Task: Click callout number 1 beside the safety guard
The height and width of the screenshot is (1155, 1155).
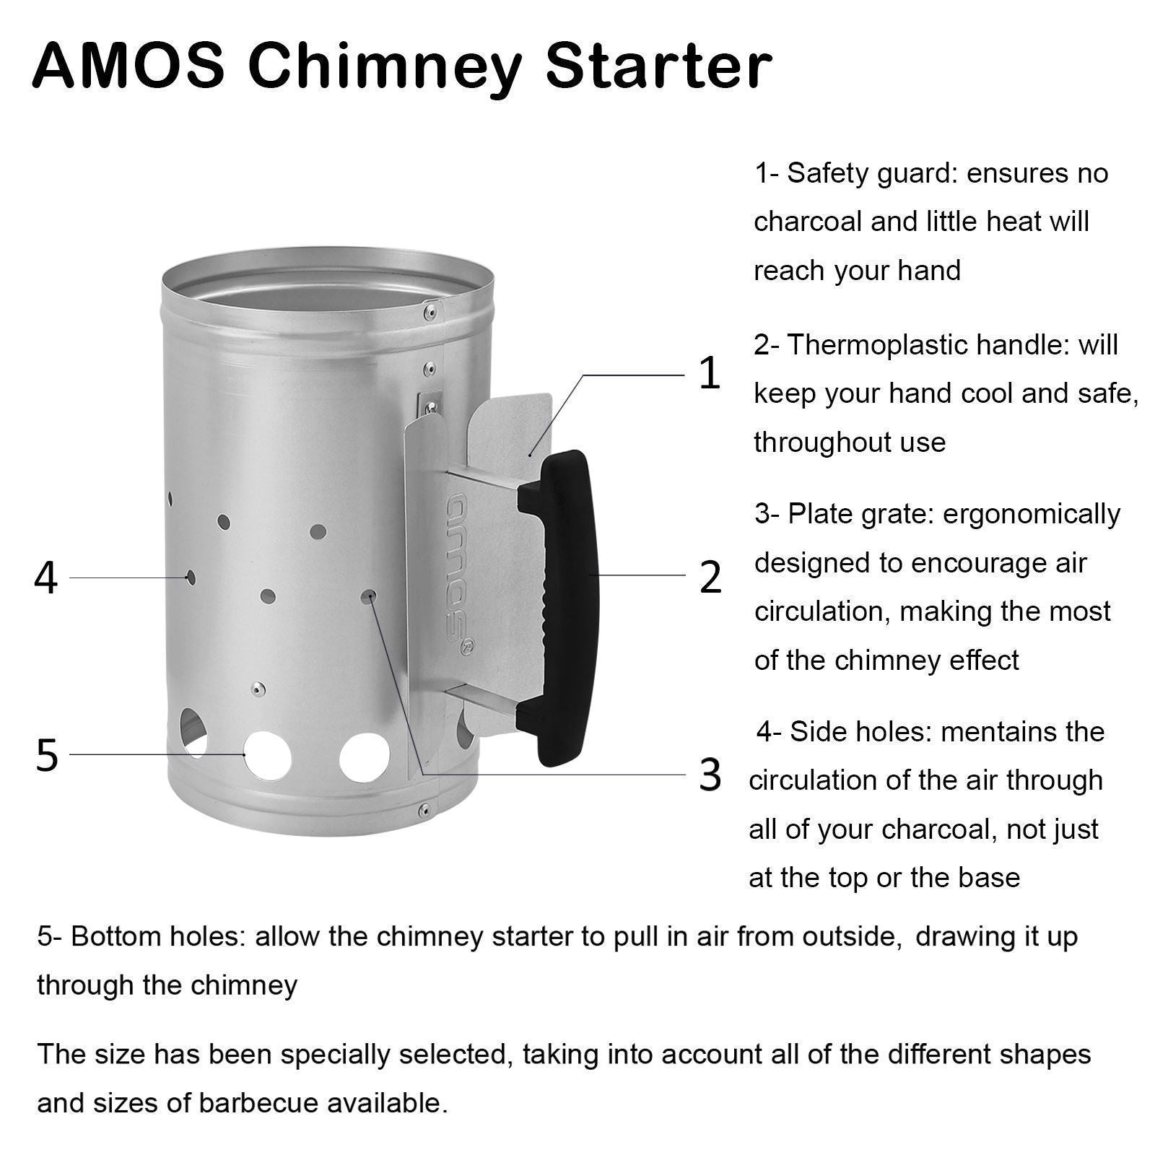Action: coord(710,373)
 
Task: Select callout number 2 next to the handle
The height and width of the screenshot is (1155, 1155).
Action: coord(710,577)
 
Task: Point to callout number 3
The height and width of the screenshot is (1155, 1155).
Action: coord(710,775)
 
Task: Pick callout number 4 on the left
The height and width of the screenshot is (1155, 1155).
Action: coord(45,578)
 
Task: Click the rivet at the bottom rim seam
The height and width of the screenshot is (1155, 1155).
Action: coord(427,807)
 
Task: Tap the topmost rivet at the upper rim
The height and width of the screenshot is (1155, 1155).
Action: coord(430,312)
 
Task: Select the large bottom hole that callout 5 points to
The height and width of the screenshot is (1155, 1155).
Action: coord(267,756)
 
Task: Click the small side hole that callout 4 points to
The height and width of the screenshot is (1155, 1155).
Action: coord(190,577)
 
